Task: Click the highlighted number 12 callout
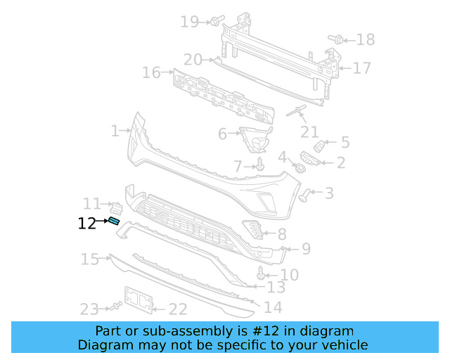(86, 224)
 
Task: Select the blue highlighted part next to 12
(114, 221)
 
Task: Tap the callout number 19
(189, 22)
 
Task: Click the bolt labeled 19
(214, 21)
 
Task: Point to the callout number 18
(366, 40)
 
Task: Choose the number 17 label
(361, 68)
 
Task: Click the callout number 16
(151, 72)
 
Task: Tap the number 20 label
(193, 60)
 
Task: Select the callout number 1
(115, 130)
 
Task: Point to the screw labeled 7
(261, 165)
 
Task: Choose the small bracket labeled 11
(117, 207)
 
